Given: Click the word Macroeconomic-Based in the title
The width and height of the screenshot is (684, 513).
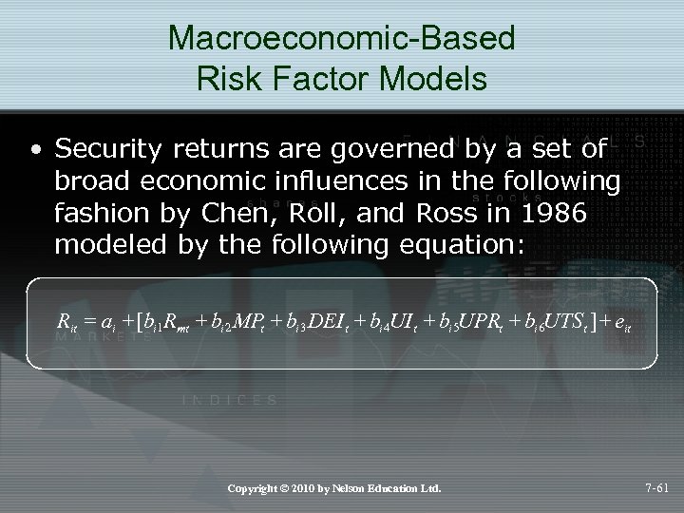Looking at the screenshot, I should pos(342,39).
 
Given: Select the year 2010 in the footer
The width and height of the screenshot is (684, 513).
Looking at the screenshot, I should pos(301,489).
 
